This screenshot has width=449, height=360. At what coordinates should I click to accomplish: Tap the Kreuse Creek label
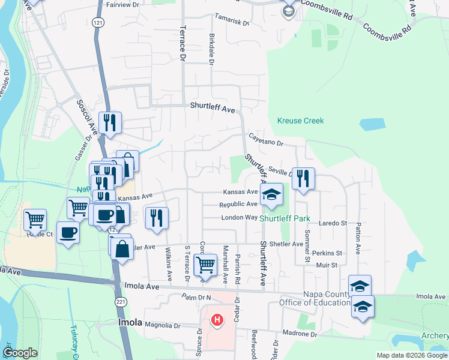coord(300,121)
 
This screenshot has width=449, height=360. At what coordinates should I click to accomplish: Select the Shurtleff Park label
coord(285,218)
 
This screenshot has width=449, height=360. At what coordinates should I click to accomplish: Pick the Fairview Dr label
coord(122,4)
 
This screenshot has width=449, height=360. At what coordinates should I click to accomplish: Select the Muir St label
coord(327,264)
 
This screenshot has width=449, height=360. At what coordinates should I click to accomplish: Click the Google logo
coord(20,352)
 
